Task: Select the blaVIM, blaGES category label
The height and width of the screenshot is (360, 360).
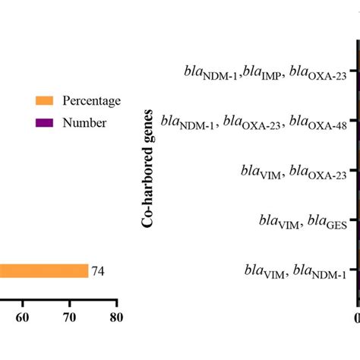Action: click(300, 222)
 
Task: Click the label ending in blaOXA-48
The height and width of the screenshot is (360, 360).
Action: click(266, 122)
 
